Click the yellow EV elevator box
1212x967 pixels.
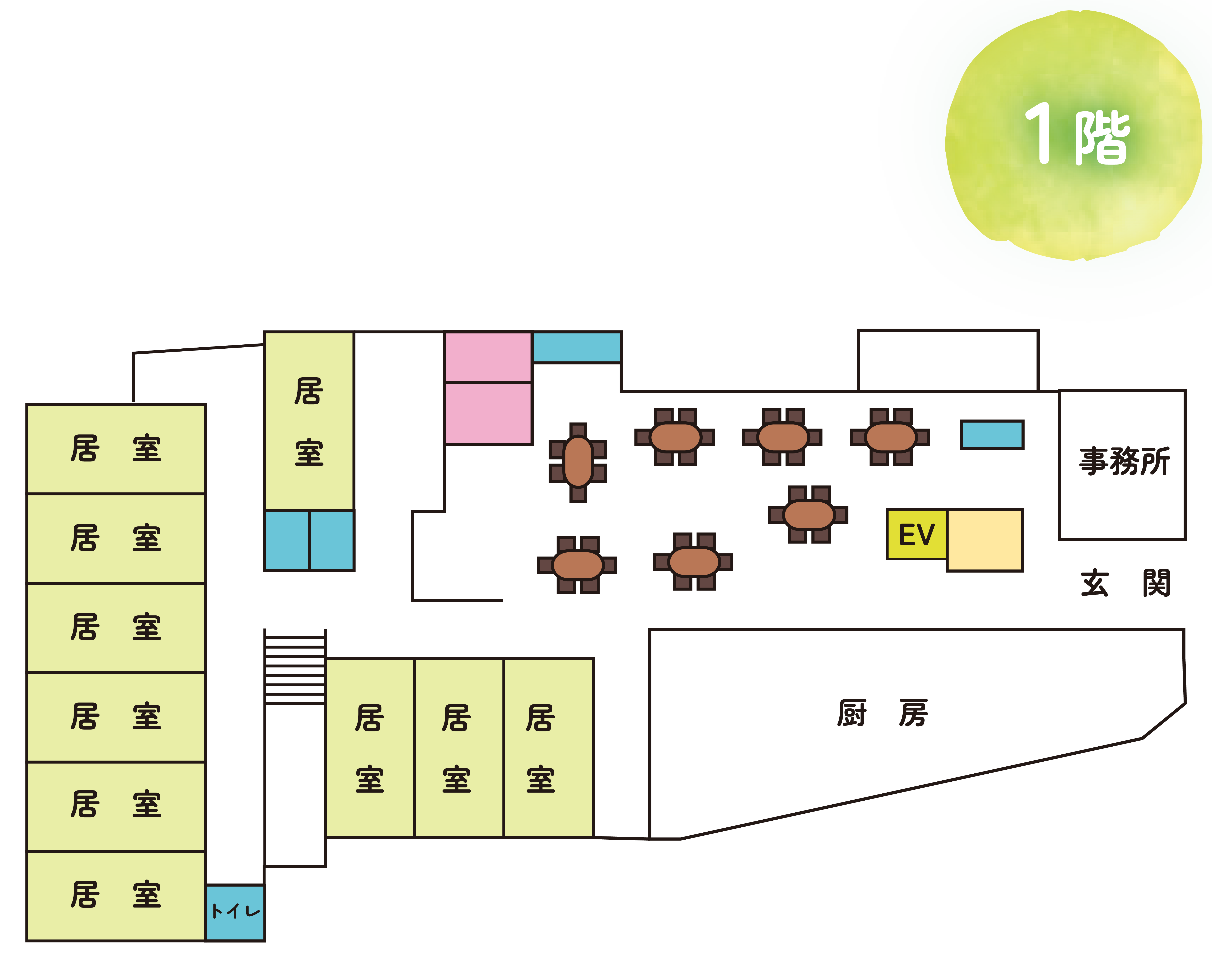(x=916, y=534)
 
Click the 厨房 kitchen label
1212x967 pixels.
(x=883, y=713)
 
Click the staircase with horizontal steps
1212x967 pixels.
(x=295, y=669)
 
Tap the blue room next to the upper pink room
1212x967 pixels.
(x=577, y=347)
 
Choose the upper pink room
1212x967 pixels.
(x=488, y=357)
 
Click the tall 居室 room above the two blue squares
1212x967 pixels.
(x=309, y=421)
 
